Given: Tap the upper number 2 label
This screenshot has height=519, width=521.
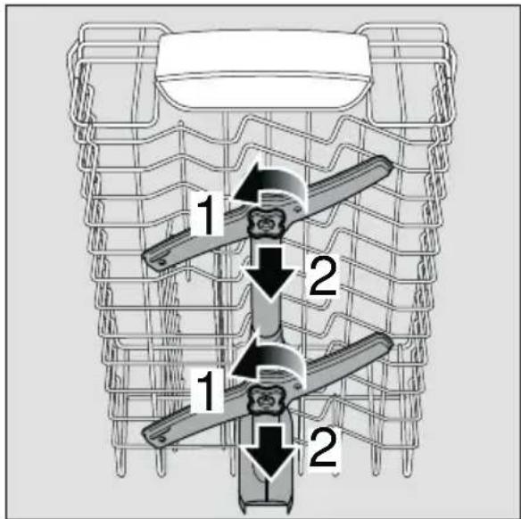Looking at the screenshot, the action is click(323, 277).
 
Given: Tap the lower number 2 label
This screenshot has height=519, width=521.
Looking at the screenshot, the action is click(323, 449).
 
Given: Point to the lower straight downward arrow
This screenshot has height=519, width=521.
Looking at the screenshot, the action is click(269, 452).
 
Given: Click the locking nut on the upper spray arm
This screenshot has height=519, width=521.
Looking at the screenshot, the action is click(265, 223).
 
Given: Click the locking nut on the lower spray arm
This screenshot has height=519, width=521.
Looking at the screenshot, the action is click(266, 400).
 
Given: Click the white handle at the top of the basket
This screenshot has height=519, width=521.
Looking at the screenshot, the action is click(262, 70).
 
